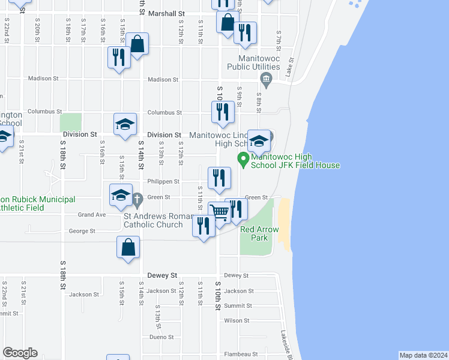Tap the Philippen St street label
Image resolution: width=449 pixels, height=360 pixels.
tap(163, 181)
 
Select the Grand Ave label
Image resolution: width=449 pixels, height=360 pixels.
tap(92, 214)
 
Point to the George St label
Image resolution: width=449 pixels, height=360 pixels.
tap(82, 231)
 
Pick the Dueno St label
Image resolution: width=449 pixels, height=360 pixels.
tap(161, 337)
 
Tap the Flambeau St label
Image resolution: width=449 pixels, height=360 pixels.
tap(238, 355)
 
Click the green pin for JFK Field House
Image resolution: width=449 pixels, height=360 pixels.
tap(243, 160)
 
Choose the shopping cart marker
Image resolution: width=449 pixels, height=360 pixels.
tap(220, 212)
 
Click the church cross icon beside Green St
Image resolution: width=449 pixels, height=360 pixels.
tap(137, 197)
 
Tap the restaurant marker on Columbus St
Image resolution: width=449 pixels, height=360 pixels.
tap(223, 112)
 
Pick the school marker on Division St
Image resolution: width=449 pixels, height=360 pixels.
tap(125, 124)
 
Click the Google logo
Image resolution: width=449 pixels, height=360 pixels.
tap(20, 353)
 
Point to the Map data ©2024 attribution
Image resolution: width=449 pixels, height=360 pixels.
tap(423, 355)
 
